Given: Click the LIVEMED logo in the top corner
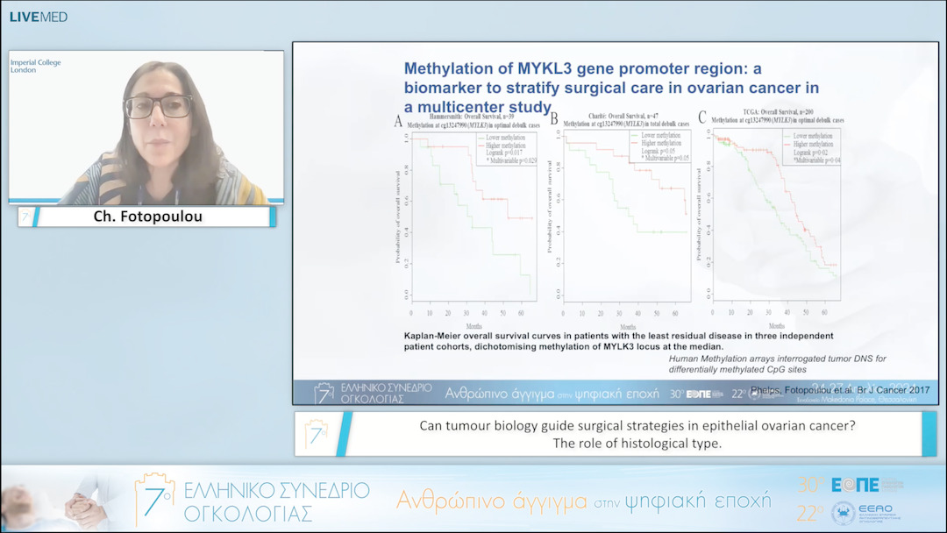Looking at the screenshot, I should [38, 17].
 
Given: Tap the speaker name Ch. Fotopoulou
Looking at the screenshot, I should [147, 217].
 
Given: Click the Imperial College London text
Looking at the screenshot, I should [35, 67].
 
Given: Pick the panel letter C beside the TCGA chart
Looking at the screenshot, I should [701, 117].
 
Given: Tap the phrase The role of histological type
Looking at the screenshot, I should [637, 443].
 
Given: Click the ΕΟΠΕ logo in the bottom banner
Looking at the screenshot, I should [855, 485].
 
